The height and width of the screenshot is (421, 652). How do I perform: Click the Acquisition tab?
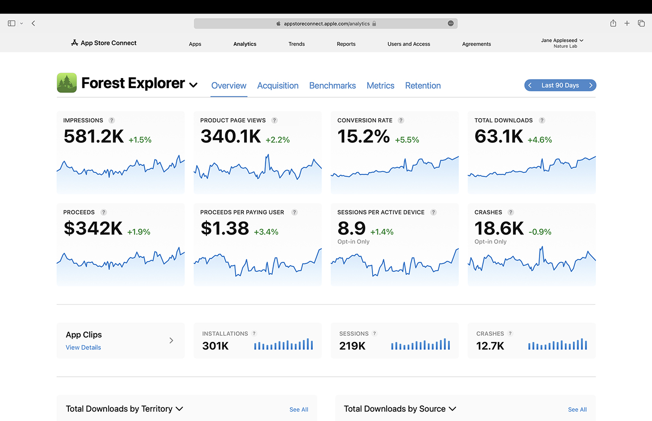coord(277,86)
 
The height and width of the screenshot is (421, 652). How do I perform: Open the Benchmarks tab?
coord(332,86)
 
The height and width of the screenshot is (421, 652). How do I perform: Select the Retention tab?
coord(423,86)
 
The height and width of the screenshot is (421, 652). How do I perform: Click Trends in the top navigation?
coord(296,44)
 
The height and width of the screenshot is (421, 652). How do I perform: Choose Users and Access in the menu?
coord(408,44)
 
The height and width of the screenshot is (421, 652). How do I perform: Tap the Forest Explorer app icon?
coord(67,83)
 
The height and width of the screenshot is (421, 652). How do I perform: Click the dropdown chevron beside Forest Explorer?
coord(193,85)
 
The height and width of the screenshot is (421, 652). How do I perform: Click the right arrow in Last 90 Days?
coord(590,85)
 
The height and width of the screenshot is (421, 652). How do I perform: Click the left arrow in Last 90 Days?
coord(530,85)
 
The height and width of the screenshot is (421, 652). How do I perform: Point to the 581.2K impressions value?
coord(94,136)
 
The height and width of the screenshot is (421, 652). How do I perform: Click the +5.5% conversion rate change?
coord(407,140)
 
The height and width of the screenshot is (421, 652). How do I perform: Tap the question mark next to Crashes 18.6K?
coord(511,212)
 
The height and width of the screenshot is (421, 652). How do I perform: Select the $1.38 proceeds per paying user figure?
coord(225,228)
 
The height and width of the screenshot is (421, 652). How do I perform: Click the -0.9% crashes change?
coord(539,232)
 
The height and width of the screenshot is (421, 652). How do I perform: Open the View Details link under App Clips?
coord(83,348)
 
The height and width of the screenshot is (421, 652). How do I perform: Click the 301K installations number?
coord(215,346)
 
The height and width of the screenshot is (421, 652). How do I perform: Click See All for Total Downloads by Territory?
coord(299,410)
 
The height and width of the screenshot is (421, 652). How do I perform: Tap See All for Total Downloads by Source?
coord(577,410)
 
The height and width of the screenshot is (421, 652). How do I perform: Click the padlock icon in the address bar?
coord(374,24)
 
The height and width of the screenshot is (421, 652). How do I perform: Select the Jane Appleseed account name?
coord(559,40)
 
